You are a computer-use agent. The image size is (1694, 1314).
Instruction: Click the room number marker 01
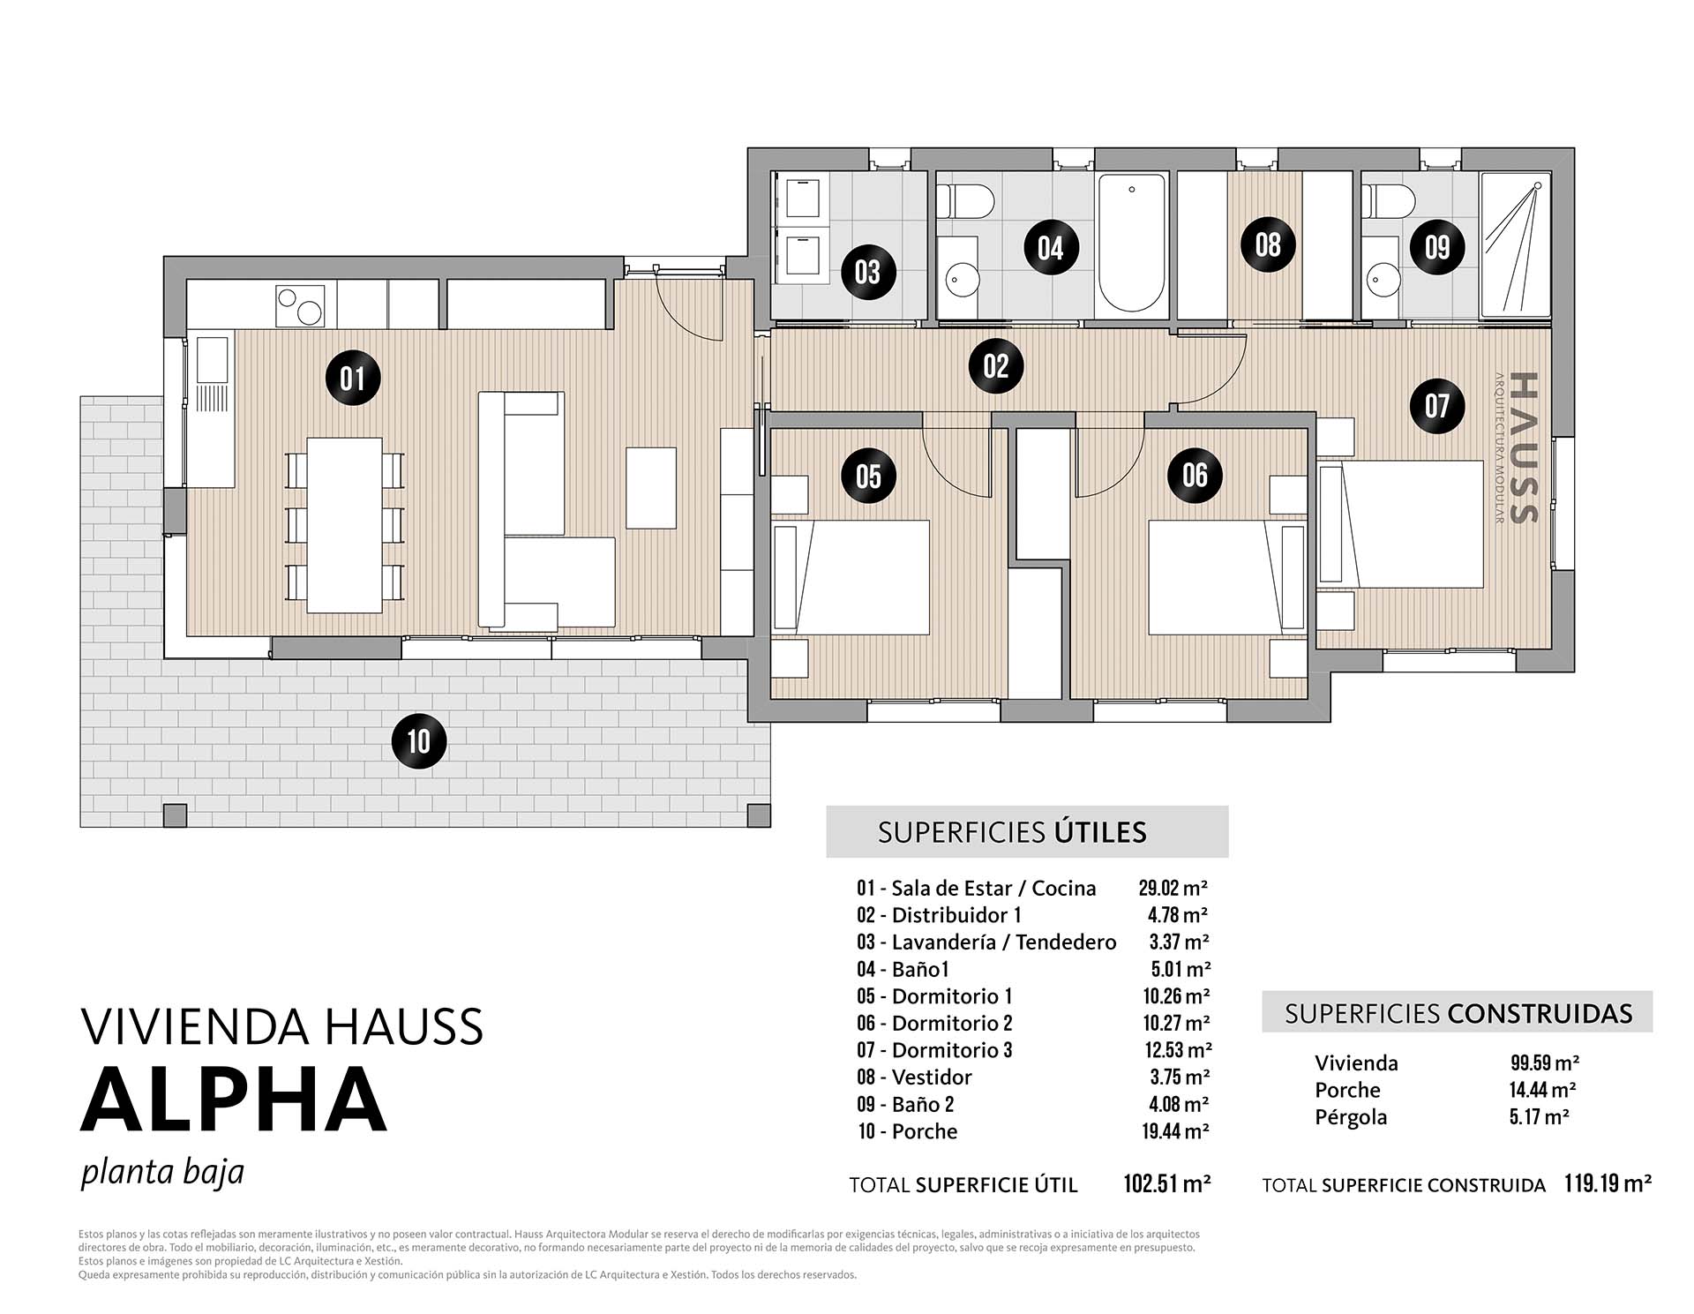(352, 379)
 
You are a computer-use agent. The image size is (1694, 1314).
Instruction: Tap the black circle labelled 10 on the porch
(418, 741)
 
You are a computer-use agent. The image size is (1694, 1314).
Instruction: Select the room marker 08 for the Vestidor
(1267, 244)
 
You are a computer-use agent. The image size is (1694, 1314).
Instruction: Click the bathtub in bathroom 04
(1133, 243)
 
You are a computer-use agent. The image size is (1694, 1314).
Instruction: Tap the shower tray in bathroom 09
(1515, 244)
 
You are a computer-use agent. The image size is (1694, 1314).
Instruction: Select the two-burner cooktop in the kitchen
(300, 305)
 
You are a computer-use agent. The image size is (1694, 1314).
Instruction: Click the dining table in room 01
(344, 525)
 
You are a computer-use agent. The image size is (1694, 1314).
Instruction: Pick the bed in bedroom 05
(851, 577)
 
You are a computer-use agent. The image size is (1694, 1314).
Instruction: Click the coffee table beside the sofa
(651, 488)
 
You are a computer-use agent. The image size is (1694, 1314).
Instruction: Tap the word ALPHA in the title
(234, 1100)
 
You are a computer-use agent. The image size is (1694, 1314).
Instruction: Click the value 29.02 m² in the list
(1173, 888)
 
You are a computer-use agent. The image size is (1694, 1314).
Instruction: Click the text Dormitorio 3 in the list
(952, 1050)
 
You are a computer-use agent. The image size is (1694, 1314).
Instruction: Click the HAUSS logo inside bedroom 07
(1519, 447)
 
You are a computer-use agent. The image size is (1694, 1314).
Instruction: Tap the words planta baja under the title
(162, 1173)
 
